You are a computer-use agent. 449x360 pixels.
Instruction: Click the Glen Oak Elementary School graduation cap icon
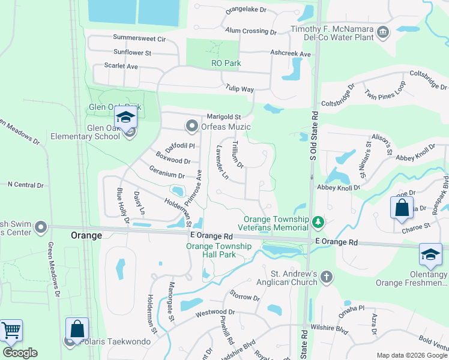point(125,118)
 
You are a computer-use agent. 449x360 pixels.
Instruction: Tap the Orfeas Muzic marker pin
point(192,126)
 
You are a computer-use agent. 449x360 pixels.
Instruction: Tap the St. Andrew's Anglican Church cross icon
point(326,277)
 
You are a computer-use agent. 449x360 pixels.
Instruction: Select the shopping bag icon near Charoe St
point(402,208)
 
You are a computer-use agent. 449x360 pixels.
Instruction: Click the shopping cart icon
point(11,330)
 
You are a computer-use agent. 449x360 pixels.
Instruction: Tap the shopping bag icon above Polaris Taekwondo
point(77,329)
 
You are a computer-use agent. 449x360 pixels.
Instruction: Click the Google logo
point(20,353)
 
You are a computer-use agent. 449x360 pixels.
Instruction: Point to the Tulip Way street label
point(240,89)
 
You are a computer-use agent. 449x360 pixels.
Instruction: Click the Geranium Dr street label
point(167,175)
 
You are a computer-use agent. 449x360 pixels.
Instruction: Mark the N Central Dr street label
point(22,185)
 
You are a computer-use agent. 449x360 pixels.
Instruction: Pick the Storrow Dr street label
point(244,297)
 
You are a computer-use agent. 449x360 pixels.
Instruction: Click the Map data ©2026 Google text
point(411,355)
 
